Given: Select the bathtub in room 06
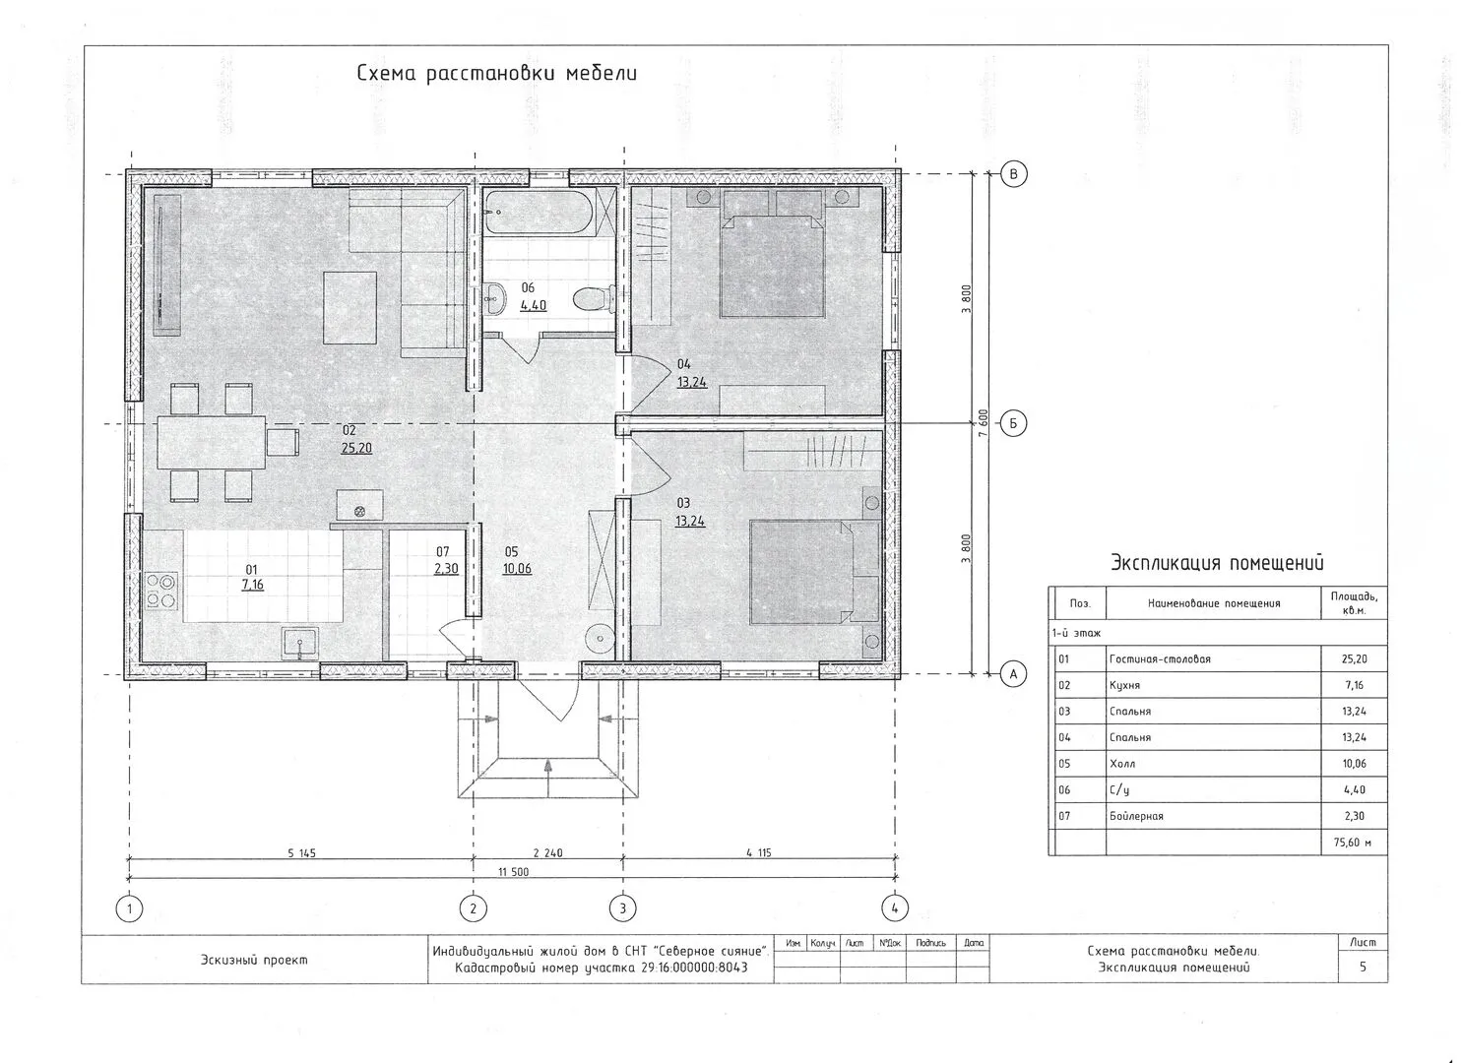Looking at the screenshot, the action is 540,212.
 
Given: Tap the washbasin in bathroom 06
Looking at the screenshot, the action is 495,299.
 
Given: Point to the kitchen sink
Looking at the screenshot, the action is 300,644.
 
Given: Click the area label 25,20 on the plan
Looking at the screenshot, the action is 356,448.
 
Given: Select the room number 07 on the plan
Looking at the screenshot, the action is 442,552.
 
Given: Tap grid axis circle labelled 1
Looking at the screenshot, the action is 129,908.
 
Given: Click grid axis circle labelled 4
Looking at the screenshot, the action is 894,907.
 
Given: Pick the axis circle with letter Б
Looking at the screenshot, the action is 1013,423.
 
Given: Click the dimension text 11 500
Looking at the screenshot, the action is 514,872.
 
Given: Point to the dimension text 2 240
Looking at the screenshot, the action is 548,852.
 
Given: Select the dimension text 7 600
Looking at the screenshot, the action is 984,423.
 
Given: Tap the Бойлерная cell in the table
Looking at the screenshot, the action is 1136,816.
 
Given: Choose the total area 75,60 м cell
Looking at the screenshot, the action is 1353,843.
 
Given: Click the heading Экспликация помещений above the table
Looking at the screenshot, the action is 1217,562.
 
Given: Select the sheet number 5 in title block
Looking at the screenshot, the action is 1363,967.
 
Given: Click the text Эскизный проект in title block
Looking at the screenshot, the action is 254,960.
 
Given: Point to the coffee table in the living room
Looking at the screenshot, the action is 350,308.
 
